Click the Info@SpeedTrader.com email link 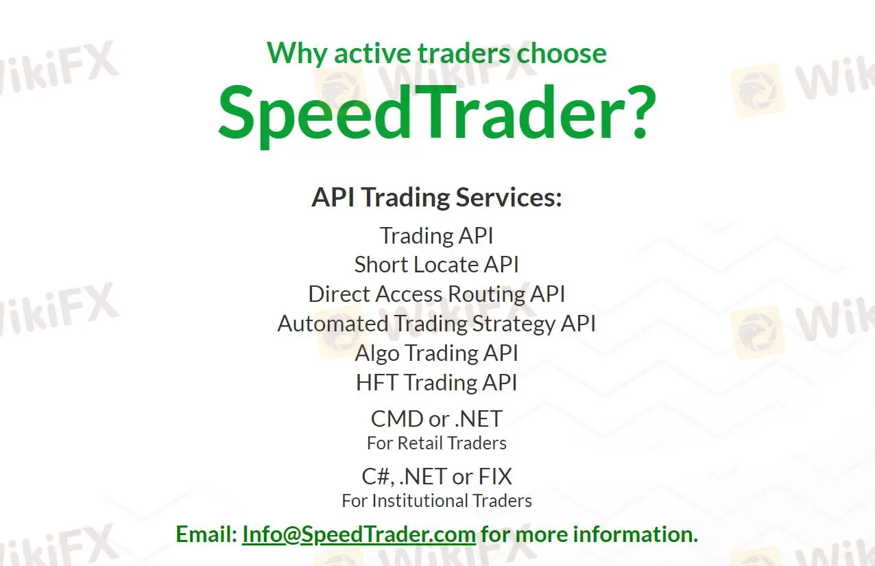click(359, 534)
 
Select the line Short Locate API click(436, 265)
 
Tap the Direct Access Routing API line click(436, 294)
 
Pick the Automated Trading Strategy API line click(436, 324)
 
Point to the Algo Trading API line click(436, 353)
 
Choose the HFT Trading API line click(436, 383)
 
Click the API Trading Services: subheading click(436, 198)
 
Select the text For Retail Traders click(436, 443)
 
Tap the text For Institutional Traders click(436, 501)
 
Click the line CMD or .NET click(436, 418)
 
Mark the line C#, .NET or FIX click(436, 476)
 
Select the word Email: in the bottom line click(206, 534)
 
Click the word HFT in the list click(376, 383)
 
